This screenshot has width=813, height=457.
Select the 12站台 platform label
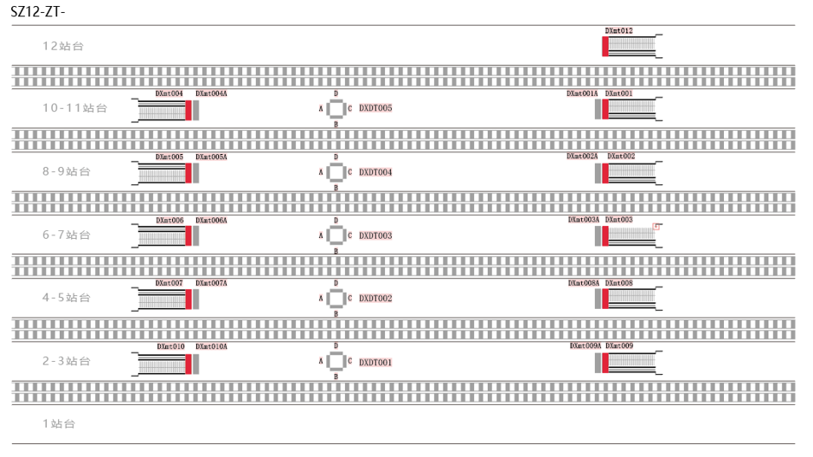pos(65,45)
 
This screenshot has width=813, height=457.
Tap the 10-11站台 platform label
pos(75,108)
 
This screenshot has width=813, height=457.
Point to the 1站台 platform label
pos(59,424)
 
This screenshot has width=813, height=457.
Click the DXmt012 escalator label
pos(618,31)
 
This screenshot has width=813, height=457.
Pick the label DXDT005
pos(375,108)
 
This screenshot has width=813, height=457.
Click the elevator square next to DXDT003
pos(336,235)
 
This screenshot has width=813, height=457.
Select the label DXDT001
pos(375,363)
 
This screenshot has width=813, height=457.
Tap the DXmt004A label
pos(211,93)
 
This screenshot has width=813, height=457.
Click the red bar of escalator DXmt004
pos(189,110)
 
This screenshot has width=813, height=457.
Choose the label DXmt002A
pos(582,157)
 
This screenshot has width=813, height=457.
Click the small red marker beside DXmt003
pos(656,227)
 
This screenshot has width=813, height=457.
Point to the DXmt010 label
pos(170,346)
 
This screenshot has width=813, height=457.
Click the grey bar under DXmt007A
pos(195,299)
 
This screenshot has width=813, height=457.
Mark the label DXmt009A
pos(585,346)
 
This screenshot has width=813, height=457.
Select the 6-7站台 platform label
pos(67,235)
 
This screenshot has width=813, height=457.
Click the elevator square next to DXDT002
pos(336,299)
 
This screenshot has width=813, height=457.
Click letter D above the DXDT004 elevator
pos(336,158)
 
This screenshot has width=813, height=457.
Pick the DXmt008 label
pos(618,283)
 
